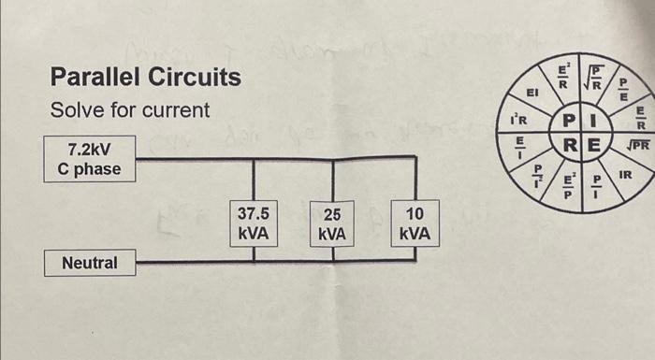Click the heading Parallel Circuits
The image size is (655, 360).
(145, 77)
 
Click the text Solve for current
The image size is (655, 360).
(130, 110)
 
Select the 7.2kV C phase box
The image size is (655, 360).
(89, 158)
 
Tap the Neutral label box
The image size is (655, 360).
(90, 263)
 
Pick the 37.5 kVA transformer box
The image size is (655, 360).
(254, 223)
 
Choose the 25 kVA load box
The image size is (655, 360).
(332, 223)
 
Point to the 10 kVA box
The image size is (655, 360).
(413, 223)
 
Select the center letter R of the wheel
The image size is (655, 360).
(568, 146)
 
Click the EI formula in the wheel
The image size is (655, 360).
(532, 94)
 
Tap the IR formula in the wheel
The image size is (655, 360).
(625, 175)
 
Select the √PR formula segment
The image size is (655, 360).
(637, 145)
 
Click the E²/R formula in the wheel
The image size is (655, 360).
(564, 72)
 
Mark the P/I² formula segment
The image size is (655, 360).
(538, 177)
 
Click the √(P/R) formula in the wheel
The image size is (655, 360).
(596, 73)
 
